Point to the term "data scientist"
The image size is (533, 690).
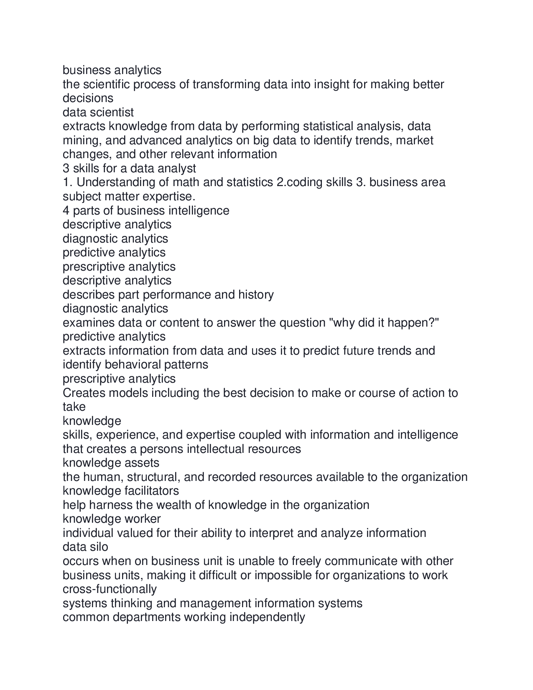98,112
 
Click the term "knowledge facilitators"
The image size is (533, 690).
121,491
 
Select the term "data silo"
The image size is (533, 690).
85,547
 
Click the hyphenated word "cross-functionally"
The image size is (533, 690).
110,589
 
